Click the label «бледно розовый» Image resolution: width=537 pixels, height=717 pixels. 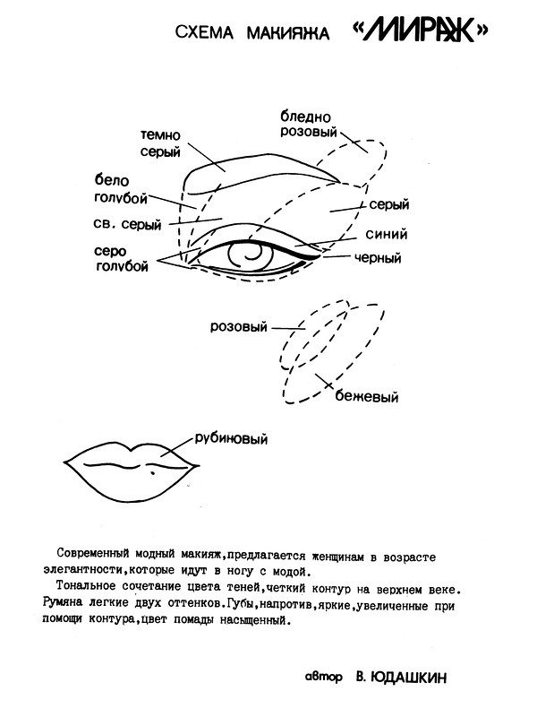pos(307,126)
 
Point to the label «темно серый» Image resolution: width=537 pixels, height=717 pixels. pos(162,144)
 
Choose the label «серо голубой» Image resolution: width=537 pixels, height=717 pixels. pos(120,257)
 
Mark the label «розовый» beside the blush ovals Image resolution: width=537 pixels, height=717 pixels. pos(238,327)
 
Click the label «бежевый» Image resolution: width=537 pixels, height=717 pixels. pos(367,395)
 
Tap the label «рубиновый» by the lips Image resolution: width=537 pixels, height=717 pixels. pos(231,439)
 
